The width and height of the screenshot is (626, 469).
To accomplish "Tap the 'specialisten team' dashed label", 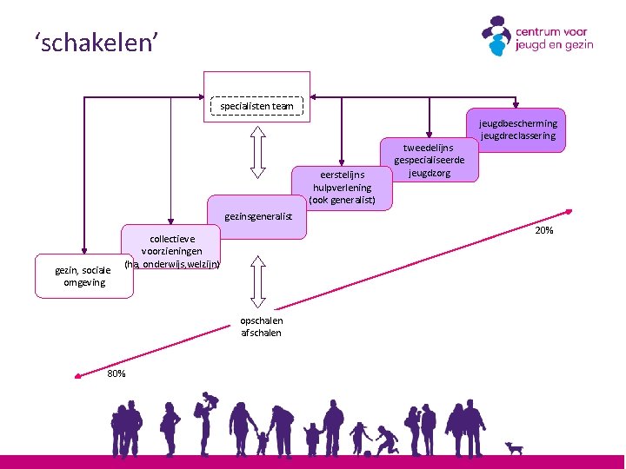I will pos(256,106).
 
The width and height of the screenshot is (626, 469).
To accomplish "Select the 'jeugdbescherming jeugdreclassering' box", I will pos(517,130).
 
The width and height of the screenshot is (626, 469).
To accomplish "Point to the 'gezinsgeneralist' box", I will pos(258,217).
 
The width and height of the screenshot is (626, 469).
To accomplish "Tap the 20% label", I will pos(544,230).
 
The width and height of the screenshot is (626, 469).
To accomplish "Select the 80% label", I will pos(116,373).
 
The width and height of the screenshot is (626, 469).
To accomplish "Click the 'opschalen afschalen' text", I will pos(261,327).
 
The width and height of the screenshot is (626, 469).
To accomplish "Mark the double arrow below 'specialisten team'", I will pos(257,152).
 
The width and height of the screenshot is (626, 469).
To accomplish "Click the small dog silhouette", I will pos(515,448).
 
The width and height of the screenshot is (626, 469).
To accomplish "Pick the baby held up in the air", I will pos(210,400).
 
